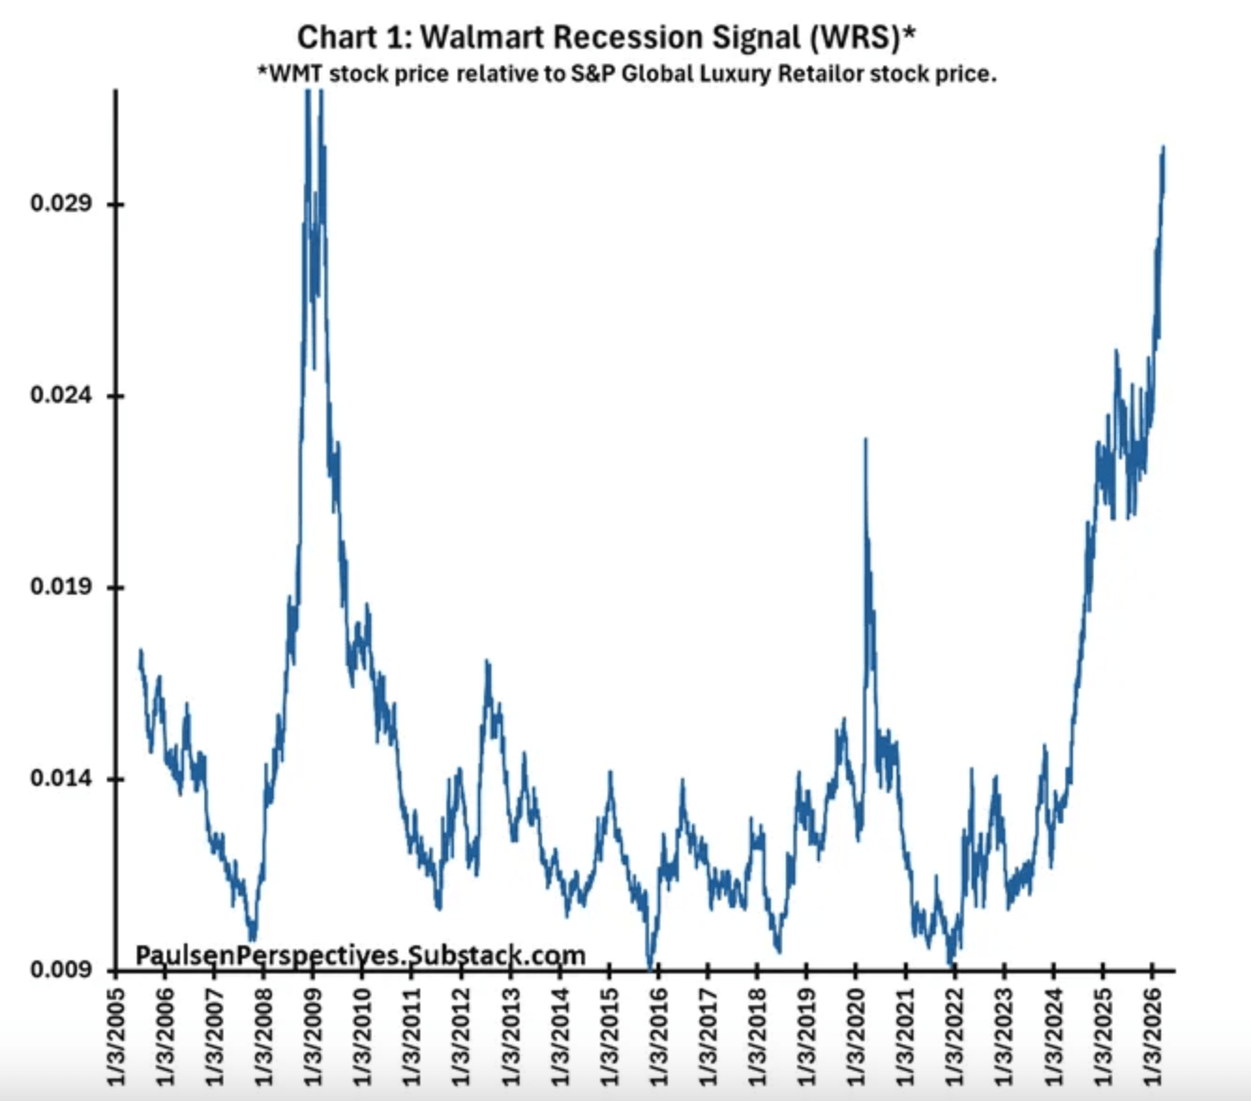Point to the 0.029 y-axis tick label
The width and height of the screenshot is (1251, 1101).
coord(62,204)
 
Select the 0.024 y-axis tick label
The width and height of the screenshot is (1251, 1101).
coord(62,395)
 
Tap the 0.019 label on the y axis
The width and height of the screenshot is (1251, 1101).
coord(62,587)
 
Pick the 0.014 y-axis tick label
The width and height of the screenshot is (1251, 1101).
coord(62,778)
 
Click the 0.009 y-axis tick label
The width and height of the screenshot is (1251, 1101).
coord(62,970)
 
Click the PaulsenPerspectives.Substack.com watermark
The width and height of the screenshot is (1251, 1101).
coord(361,955)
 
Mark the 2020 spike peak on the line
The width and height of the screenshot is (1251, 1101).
coord(865,439)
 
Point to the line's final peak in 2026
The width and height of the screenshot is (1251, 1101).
coord(1163,147)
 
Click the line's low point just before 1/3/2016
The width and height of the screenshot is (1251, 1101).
coord(650,966)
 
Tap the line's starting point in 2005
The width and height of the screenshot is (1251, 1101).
coord(141,651)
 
